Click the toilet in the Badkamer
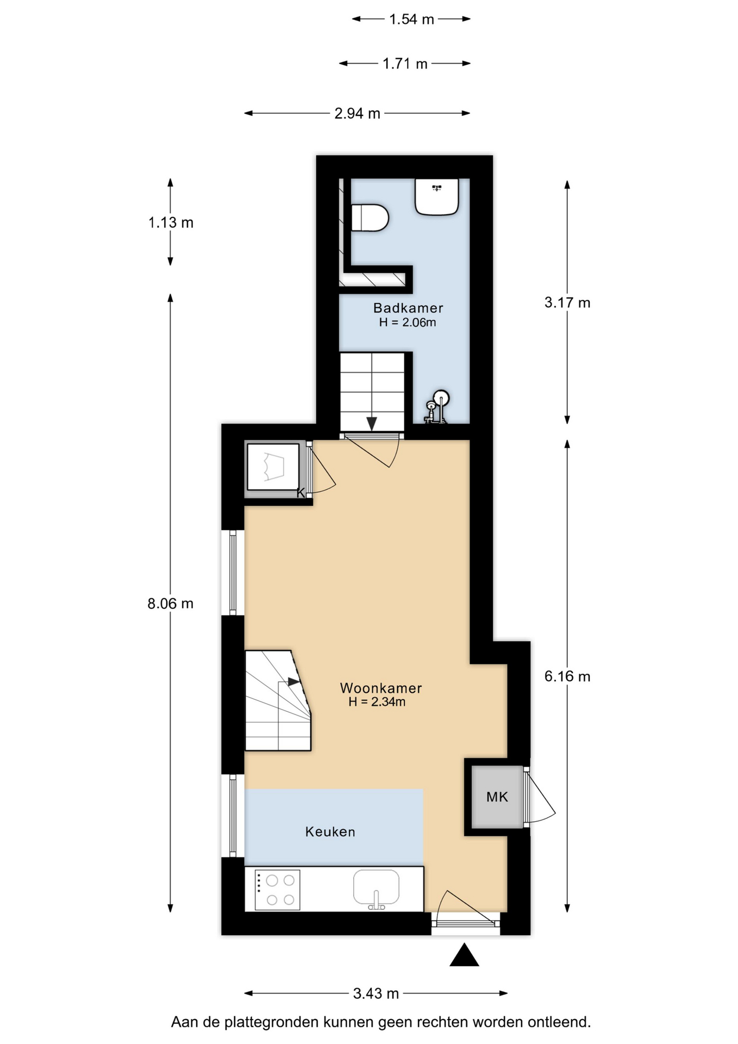click(370, 217)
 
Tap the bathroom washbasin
click(437, 197)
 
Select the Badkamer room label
click(408, 308)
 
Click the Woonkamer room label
click(381, 688)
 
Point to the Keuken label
click(330, 831)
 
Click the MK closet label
click(497, 797)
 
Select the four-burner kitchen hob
click(277, 890)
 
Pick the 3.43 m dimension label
click(376, 993)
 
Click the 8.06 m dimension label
click(171, 603)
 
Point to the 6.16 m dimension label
click(567, 676)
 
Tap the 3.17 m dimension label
click(567, 302)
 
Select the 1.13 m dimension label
click(171, 222)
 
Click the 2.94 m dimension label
click(357, 114)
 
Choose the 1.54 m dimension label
click(411, 20)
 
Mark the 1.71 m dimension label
click(405, 64)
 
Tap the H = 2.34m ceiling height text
click(377, 702)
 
